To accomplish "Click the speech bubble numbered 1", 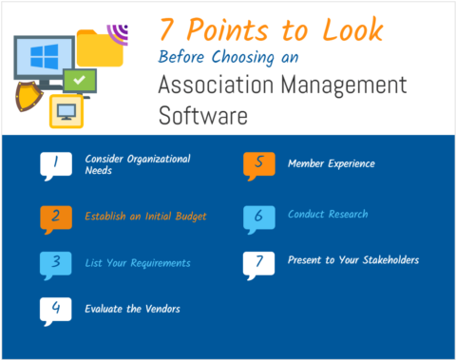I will [x=55, y=164].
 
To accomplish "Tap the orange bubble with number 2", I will [x=55, y=217].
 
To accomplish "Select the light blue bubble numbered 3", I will [x=55, y=263].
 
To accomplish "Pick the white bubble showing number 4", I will [x=55, y=309].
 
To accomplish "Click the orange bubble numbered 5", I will [x=258, y=164].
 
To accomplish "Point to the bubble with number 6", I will [x=258, y=217].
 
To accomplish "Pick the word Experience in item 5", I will [x=349, y=163].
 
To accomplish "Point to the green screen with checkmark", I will [x=80, y=80].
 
